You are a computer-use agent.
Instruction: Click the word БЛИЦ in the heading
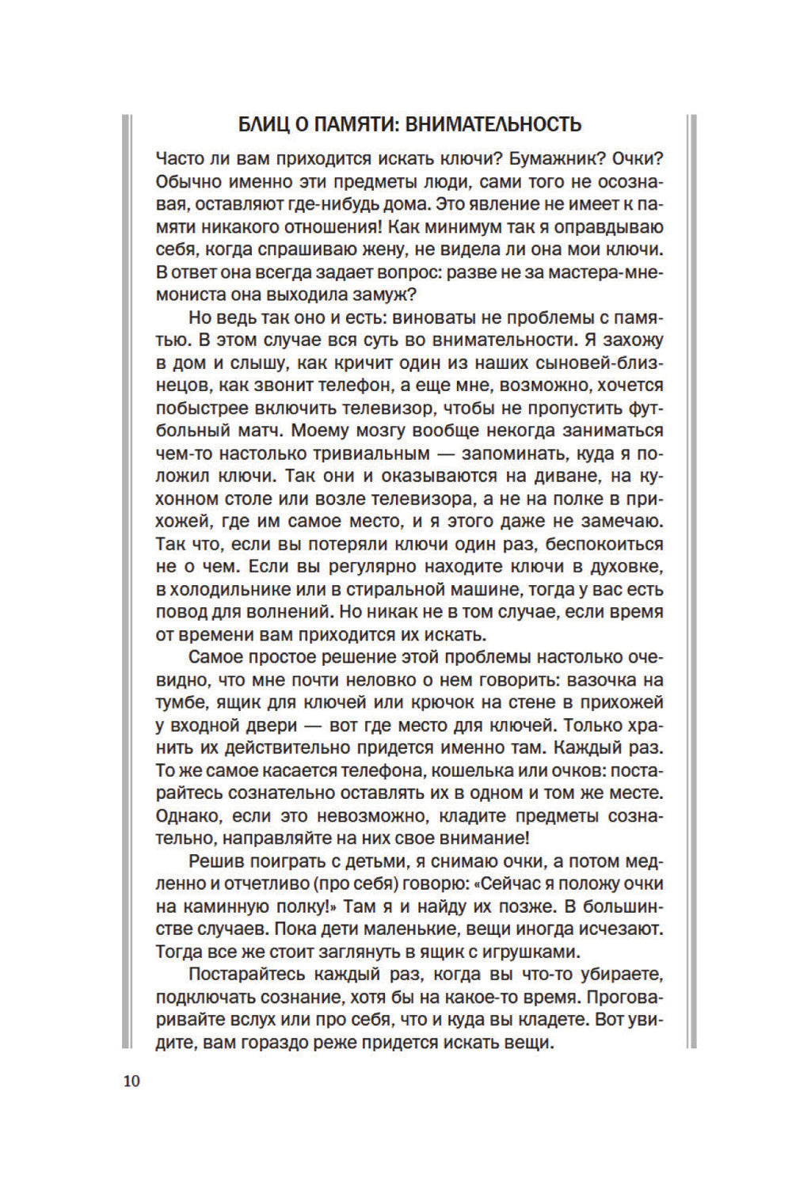[265, 124]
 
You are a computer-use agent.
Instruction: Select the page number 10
[131, 1081]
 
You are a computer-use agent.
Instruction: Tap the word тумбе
[181, 702]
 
